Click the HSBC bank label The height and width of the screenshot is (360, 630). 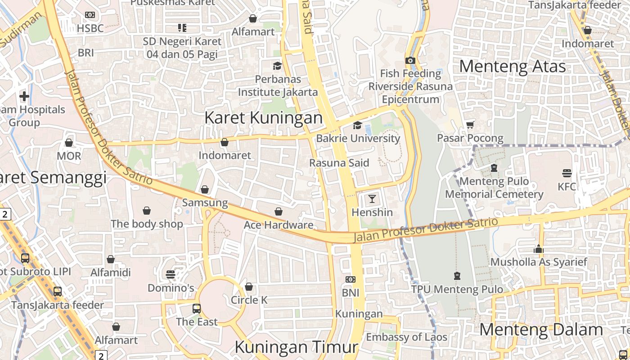(x=90, y=28)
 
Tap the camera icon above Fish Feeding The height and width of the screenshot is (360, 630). (x=410, y=60)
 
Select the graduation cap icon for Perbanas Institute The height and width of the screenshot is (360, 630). (x=277, y=66)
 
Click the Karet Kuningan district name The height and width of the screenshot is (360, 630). (x=263, y=118)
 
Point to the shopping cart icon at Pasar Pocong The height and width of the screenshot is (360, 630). (x=470, y=124)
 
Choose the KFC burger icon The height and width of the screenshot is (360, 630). (x=567, y=173)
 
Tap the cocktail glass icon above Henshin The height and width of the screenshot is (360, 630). (x=372, y=198)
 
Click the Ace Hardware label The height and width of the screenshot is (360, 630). (x=279, y=225)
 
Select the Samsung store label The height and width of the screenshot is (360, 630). (x=205, y=202)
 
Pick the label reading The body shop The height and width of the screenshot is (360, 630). (x=147, y=224)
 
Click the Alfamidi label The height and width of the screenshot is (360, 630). (x=111, y=272)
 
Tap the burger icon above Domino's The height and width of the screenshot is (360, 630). (x=171, y=274)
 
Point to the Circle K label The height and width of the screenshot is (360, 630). (x=249, y=300)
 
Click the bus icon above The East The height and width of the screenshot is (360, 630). (x=197, y=308)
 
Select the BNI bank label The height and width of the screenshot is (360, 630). (x=351, y=292)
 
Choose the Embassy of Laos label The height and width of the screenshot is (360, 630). (x=406, y=337)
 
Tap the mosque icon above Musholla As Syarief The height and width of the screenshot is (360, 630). (x=539, y=249)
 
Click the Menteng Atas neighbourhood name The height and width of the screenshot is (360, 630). (x=512, y=67)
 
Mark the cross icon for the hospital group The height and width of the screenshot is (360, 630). (x=24, y=96)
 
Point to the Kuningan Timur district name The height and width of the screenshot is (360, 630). (x=296, y=347)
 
